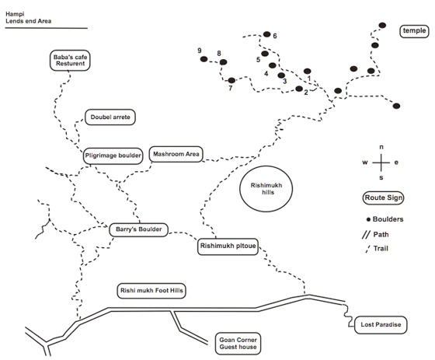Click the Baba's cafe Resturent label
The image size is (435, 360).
point(70,61)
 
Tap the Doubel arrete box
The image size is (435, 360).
point(110,117)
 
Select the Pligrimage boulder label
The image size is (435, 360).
point(113,156)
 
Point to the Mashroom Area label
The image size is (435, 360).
point(176,154)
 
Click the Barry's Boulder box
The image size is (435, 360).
point(138,229)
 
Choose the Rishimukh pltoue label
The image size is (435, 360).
point(228,246)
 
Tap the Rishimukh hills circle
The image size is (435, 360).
point(266,189)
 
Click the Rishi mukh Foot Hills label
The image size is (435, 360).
point(151,291)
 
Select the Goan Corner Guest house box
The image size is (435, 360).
point(238,344)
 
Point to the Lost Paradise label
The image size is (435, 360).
point(381,325)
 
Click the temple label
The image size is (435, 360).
point(414,31)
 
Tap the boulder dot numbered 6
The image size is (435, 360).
point(267,34)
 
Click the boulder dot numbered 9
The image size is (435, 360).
point(204,59)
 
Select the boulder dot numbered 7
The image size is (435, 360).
point(231,81)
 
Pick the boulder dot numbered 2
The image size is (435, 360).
point(299,89)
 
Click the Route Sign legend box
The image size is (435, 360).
point(383,198)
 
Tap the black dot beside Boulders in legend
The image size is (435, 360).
point(368,220)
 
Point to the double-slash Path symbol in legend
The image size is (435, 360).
point(366,235)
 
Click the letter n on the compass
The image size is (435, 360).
point(381,147)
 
